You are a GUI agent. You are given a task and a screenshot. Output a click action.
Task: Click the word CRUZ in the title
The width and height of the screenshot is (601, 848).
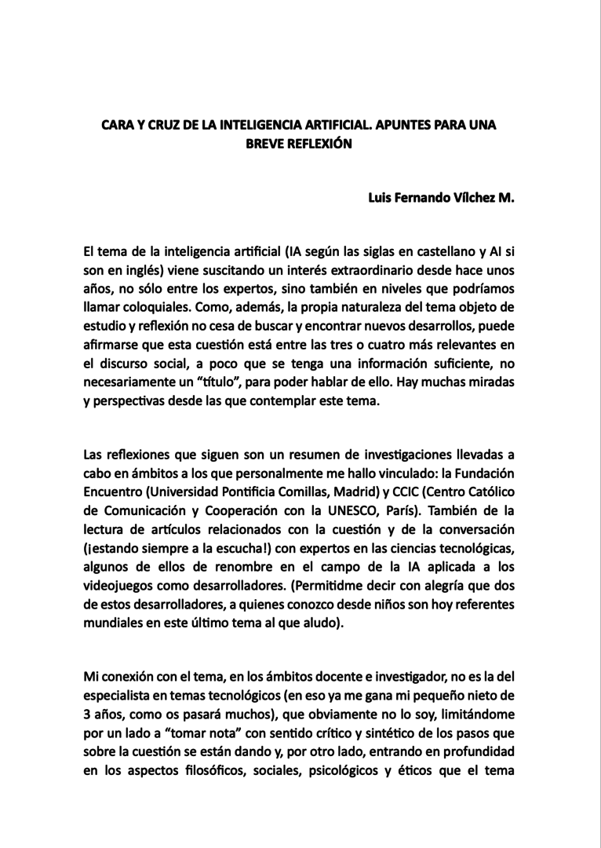[157, 125]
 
